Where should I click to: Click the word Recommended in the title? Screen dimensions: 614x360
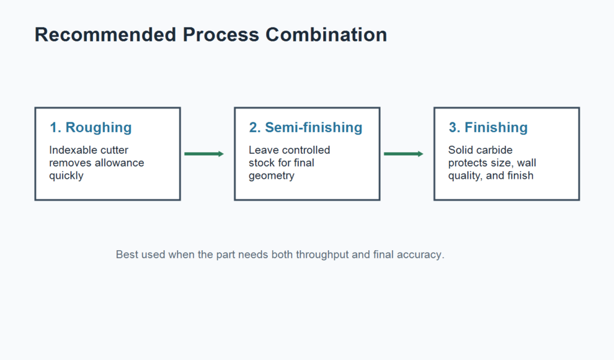point(106,34)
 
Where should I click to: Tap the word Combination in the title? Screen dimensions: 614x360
point(326,34)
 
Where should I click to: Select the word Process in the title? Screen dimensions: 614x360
point(221,34)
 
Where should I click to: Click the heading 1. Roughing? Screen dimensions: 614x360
point(91,127)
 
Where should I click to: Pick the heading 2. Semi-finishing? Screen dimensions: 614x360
point(305,127)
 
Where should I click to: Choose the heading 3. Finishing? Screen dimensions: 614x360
point(488,127)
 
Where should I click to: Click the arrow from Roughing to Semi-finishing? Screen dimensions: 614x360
point(204,154)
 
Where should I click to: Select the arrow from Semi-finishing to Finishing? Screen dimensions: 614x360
point(404,154)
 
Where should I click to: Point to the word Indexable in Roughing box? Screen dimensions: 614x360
point(70,150)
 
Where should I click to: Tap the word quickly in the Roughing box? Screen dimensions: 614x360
point(66,176)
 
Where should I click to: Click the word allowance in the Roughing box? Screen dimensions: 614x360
point(119,163)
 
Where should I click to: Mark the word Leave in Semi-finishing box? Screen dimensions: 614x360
point(261,150)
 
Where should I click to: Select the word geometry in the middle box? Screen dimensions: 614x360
point(272,176)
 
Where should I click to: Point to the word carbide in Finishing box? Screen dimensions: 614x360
point(494,150)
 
